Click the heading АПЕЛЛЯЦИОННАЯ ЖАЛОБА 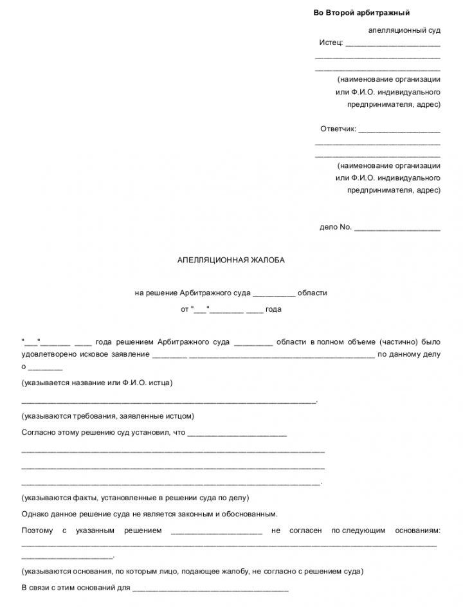[x=230, y=260]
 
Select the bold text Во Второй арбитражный [x=361, y=13]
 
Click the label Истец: [x=331, y=43]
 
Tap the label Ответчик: [x=338, y=129]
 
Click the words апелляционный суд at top [x=404, y=30]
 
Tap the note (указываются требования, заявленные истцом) [x=107, y=416]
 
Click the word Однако [x=35, y=514]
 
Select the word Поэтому [x=37, y=530]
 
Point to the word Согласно [x=39, y=433]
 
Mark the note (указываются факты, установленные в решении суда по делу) [x=135, y=498]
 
